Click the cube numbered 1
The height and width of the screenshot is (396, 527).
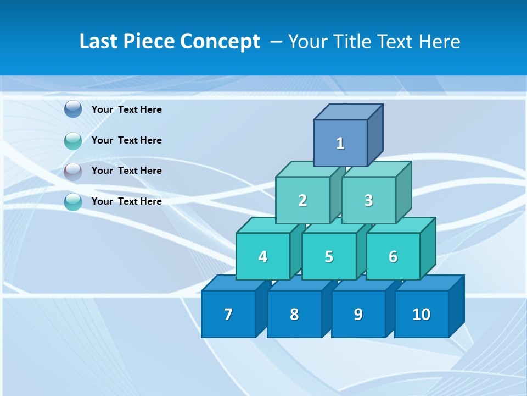(x=340, y=143)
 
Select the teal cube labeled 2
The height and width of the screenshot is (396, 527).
(x=302, y=200)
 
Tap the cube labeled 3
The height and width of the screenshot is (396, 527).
(x=368, y=200)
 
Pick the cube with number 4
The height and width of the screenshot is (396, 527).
(x=263, y=256)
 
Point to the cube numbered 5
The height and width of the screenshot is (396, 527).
(x=329, y=256)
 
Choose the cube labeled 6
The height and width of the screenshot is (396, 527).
(x=393, y=256)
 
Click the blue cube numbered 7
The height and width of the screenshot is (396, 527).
(x=228, y=314)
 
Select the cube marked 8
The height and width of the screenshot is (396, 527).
(x=294, y=314)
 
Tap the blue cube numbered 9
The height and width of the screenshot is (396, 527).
(x=358, y=314)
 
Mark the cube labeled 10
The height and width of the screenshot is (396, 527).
(x=421, y=314)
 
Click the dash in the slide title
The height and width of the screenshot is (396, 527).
(x=277, y=42)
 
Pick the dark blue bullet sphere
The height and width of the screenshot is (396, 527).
(x=73, y=109)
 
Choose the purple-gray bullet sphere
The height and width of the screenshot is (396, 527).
(x=73, y=171)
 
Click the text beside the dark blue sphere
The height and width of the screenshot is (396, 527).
(x=127, y=109)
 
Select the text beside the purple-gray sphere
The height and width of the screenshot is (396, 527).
(x=127, y=170)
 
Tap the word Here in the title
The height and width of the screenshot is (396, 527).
(x=439, y=42)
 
